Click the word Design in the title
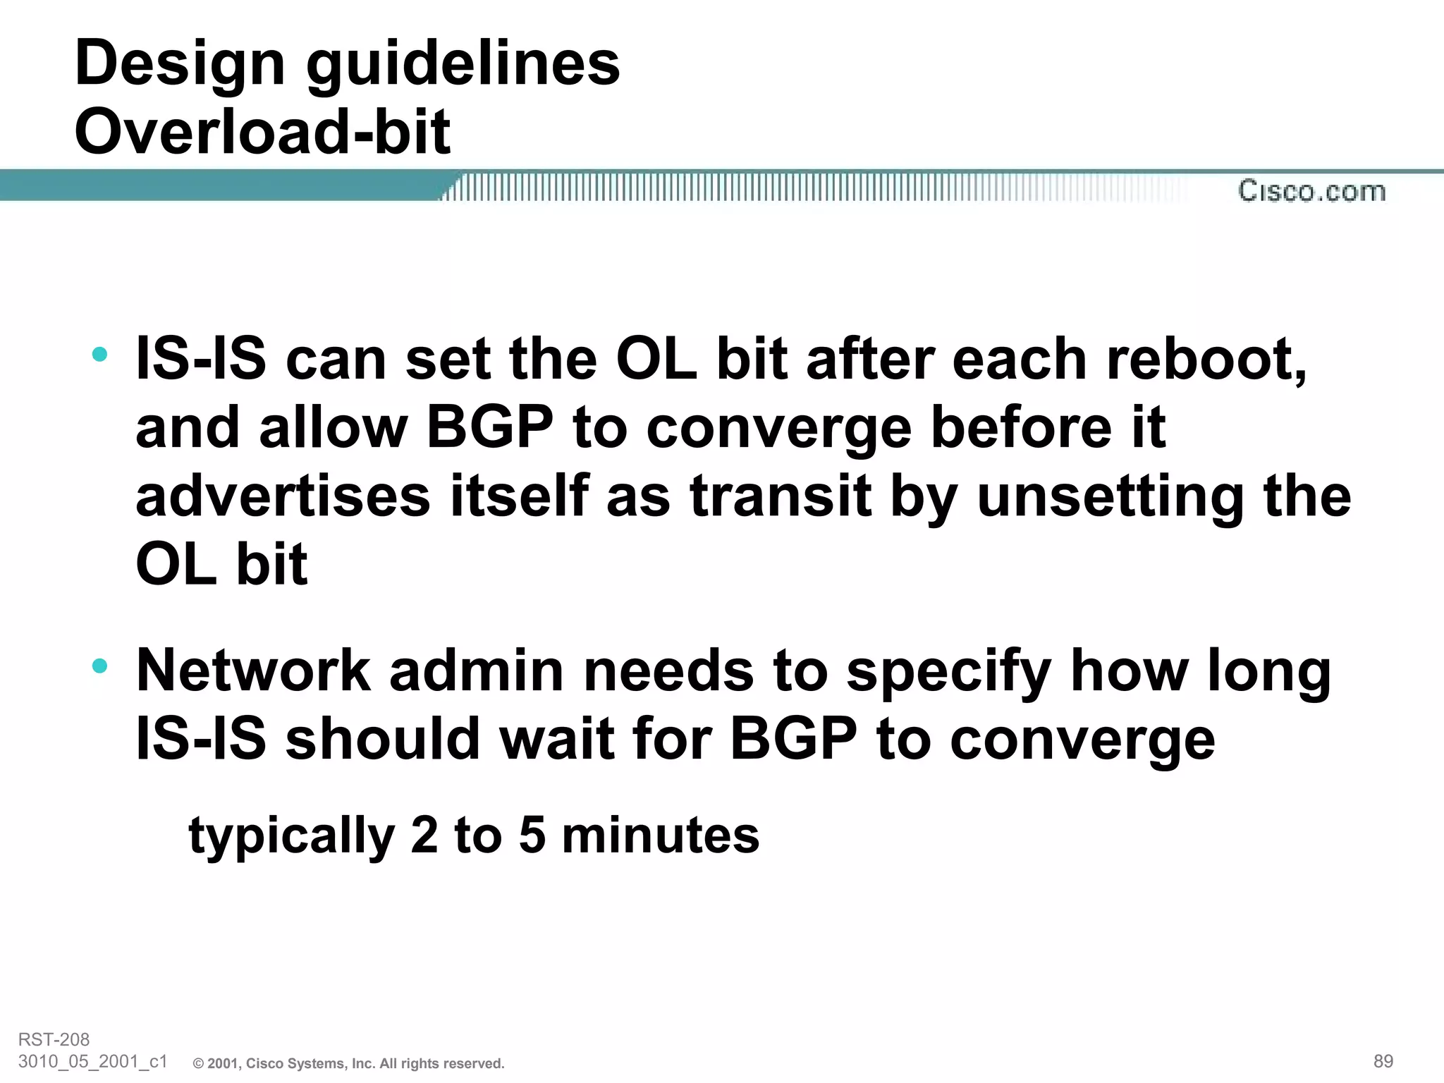coord(179,63)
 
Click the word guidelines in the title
coord(463,63)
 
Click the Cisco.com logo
coord(1311,191)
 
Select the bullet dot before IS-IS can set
coord(100,354)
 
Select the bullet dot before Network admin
coord(100,665)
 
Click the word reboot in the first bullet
coord(1206,360)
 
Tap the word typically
coord(291,836)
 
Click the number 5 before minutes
coord(532,835)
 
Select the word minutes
coord(661,835)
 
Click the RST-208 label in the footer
coord(54,1039)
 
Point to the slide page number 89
coord(1383,1061)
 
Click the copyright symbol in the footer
coord(198,1064)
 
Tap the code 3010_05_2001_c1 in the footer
coord(92,1061)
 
